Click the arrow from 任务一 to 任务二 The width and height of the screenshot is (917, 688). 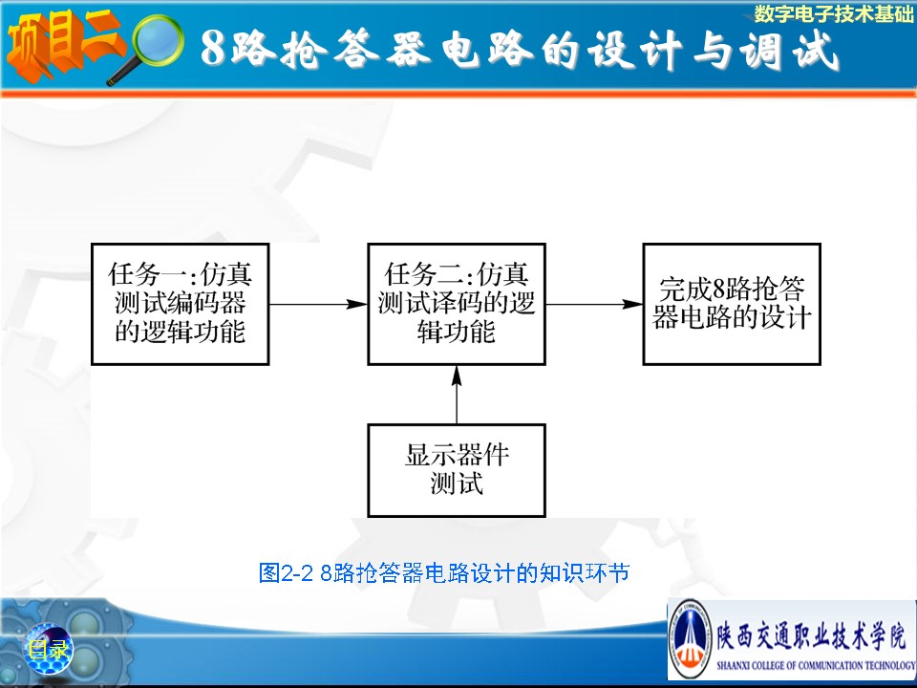click(x=318, y=304)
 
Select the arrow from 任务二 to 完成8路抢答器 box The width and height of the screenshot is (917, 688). click(x=594, y=304)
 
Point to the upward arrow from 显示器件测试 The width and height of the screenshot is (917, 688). click(x=457, y=395)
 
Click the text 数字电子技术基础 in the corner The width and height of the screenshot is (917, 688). click(x=833, y=13)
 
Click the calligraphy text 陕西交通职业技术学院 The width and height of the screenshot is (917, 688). click(x=812, y=635)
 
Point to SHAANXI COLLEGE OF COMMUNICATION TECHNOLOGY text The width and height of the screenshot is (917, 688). click(x=816, y=665)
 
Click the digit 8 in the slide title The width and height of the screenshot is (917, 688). click(x=213, y=48)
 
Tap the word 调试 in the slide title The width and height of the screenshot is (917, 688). click(x=789, y=49)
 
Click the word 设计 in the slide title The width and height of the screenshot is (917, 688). click(x=636, y=49)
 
